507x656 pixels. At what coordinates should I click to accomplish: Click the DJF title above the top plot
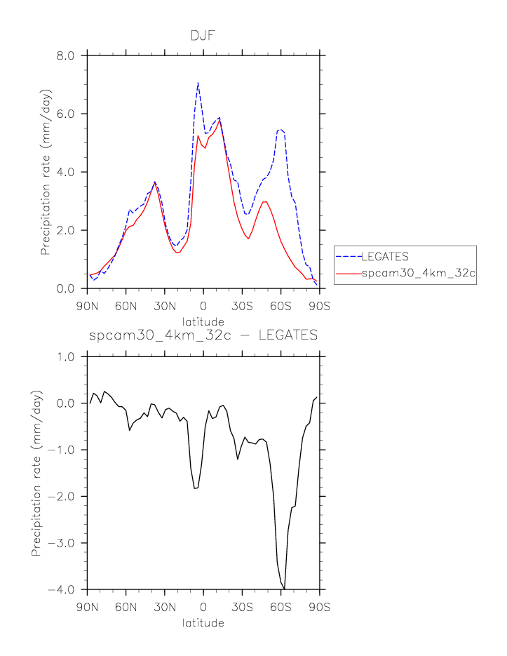(x=203, y=36)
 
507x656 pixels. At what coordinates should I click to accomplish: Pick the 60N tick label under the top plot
(x=126, y=307)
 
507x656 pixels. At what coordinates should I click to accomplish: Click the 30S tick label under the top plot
(x=242, y=307)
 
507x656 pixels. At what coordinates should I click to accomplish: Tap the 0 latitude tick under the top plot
(x=203, y=307)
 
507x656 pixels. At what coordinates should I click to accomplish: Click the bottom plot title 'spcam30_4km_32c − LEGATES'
(x=203, y=336)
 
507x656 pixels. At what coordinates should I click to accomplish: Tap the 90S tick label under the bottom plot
(x=320, y=608)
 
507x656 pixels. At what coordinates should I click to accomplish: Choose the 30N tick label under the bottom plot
(x=165, y=608)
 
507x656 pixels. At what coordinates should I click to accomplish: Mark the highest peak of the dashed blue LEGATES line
(x=198, y=83)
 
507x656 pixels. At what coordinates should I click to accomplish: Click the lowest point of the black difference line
(x=284, y=589)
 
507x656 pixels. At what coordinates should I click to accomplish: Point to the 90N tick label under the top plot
(x=87, y=307)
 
